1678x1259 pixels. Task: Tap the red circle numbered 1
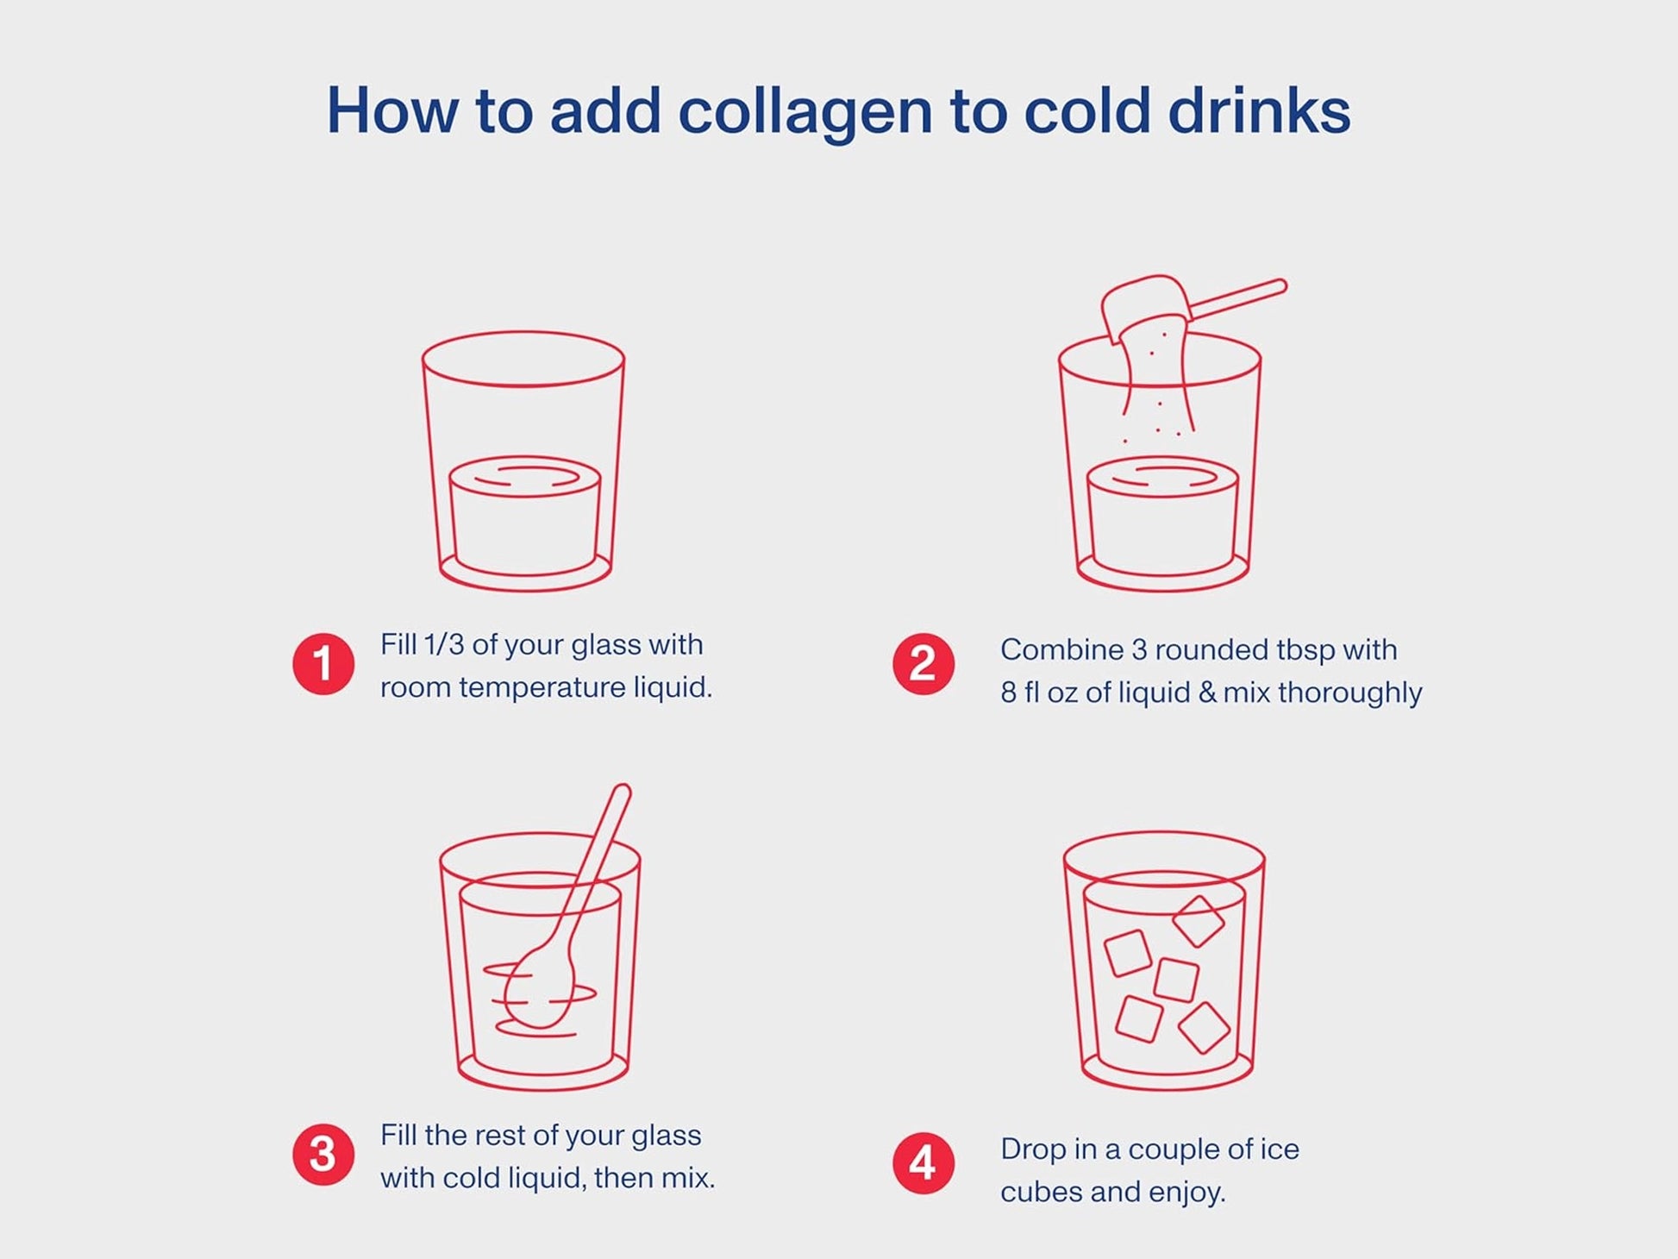click(x=323, y=664)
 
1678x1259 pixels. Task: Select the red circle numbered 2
click(x=924, y=664)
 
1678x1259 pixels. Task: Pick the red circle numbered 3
click(x=323, y=1155)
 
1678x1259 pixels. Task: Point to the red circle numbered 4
click(x=924, y=1163)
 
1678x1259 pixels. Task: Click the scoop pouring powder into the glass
click(x=1194, y=306)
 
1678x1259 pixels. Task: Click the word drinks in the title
click(x=1259, y=111)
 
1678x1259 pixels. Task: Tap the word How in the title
click(x=392, y=111)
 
